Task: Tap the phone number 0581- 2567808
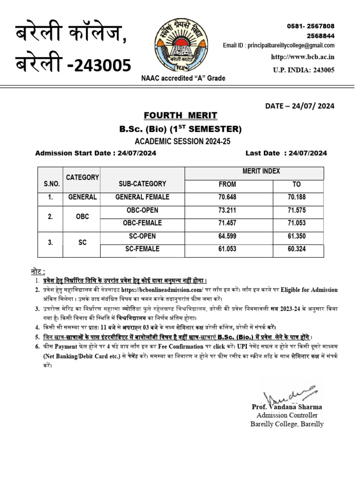coord(311,26)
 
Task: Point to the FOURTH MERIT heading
coord(181,116)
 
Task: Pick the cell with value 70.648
coord(227,197)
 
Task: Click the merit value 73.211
coord(227,210)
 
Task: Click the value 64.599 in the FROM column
coord(227,236)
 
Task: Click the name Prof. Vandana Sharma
coord(287,407)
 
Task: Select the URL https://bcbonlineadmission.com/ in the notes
coord(162,290)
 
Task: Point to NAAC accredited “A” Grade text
coord(183,78)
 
